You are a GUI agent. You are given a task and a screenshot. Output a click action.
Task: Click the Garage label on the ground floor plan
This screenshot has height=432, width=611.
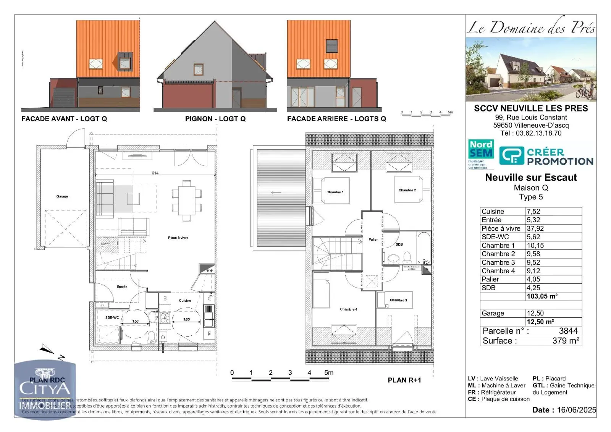coord(62,196)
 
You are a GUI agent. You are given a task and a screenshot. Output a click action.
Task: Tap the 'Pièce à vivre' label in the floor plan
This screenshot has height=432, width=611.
coord(178,238)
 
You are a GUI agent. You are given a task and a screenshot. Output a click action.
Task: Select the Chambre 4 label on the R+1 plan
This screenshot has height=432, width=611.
coord(349,309)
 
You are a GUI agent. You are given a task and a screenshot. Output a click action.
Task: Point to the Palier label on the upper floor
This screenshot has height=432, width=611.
coord(373,239)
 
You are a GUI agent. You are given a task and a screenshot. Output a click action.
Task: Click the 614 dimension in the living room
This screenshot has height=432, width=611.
coord(155,173)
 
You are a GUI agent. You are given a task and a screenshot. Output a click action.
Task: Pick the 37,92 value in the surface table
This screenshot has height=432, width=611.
coord(535,228)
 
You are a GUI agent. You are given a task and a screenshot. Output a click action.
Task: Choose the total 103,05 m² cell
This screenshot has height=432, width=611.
coord(542,296)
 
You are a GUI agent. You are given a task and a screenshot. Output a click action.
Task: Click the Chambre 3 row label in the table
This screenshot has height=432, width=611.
coord(498,262)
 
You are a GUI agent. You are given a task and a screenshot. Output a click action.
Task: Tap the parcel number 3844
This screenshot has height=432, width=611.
coord(568,331)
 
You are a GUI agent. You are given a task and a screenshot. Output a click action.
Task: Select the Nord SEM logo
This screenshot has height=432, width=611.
coord(481,154)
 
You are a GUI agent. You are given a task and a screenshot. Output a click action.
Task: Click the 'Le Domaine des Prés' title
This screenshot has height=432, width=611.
coord(531,28)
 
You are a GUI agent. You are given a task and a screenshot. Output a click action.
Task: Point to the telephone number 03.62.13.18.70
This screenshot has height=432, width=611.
coord(538,133)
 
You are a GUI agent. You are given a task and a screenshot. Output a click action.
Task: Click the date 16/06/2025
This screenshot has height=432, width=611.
coord(576,410)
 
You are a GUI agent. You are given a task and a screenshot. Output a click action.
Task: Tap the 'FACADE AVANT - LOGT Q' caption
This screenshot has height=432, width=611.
coord(64,119)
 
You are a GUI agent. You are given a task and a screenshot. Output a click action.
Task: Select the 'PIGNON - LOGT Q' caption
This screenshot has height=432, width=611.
coord(215,119)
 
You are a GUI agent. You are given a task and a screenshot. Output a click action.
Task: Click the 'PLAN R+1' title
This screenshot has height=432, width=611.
coord(404,380)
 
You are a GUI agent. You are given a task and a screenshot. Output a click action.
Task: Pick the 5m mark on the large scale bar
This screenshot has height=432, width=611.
coord(328,373)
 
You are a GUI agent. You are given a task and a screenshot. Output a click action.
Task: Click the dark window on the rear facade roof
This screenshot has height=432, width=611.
coord(331,46)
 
